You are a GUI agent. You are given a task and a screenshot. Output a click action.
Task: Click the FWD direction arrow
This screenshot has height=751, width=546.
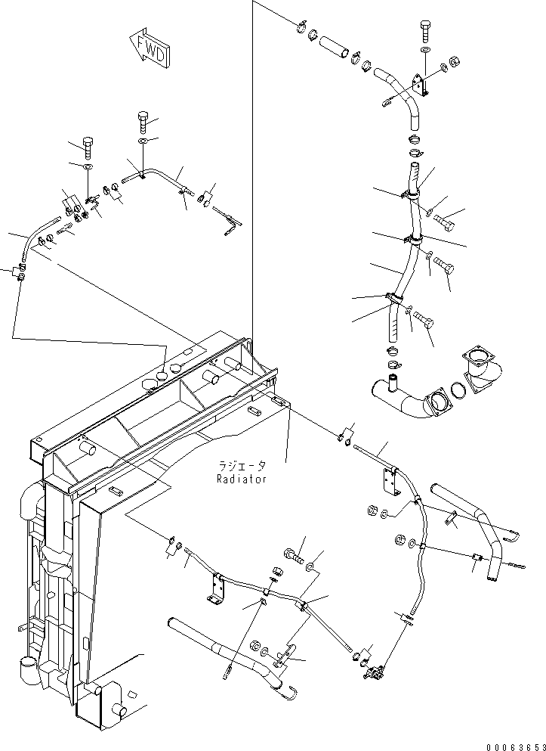(x=148, y=47)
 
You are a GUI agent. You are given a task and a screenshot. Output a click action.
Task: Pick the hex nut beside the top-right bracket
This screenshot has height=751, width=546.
(x=455, y=61)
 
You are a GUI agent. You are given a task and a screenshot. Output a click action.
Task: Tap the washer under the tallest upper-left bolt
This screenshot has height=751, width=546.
(x=143, y=141)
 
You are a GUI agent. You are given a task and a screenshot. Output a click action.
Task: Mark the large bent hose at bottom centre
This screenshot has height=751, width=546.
(x=227, y=650)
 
